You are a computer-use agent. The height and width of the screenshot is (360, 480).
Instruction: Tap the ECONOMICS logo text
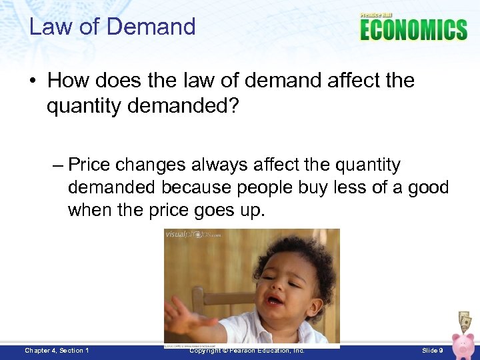(x=413, y=30)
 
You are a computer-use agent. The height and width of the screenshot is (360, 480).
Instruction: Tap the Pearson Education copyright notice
(x=247, y=351)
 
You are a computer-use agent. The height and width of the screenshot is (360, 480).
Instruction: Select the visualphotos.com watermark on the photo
(x=193, y=235)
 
